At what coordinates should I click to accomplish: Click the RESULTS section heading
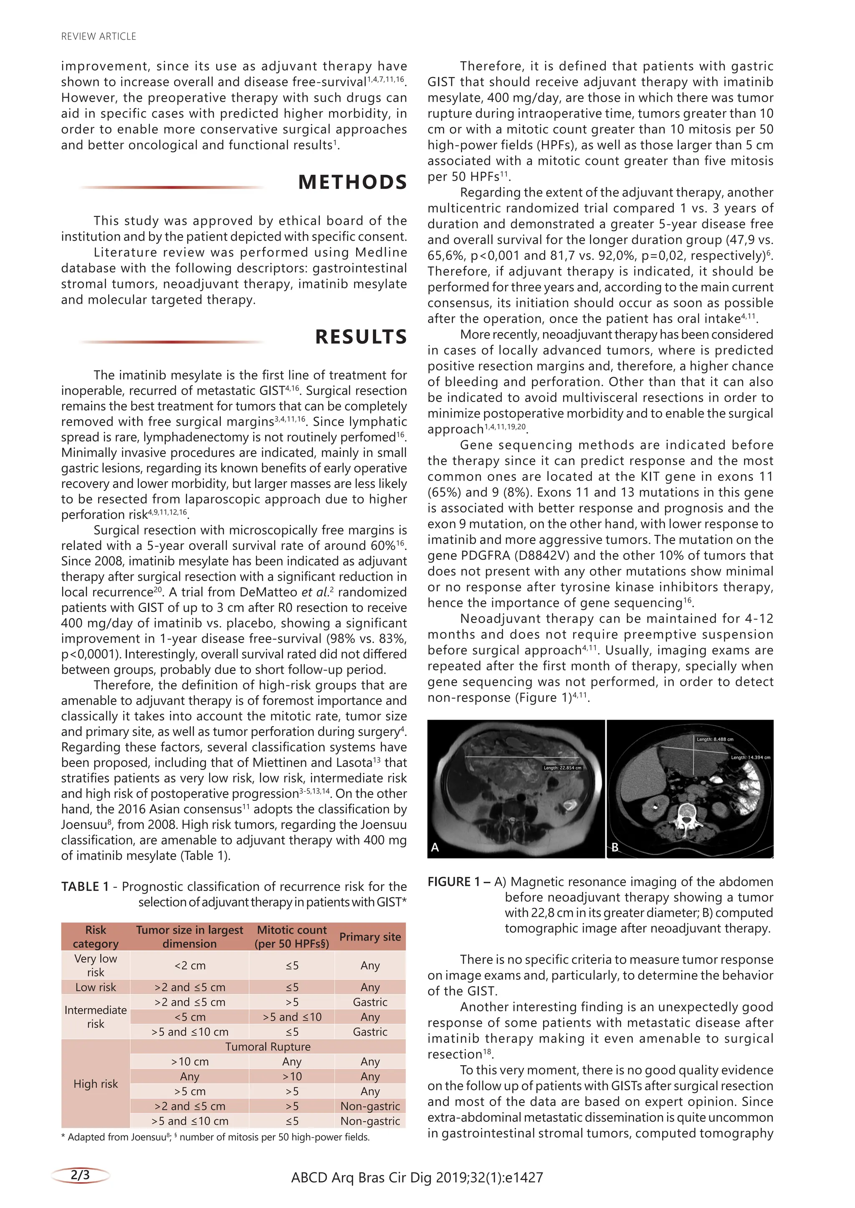pyautogui.click(x=361, y=337)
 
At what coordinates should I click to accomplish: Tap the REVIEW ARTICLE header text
pyautogui.click(x=99, y=36)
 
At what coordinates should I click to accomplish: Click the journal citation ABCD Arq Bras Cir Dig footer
pyautogui.click(x=417, y=1178)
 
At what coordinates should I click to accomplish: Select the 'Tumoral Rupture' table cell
pyautogui.click(x=268, y=1047)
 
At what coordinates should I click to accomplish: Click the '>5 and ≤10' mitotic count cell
pyautogui.click(x=292, y=1017)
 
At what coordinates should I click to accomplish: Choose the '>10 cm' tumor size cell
pyautogui.click(x=190, y=1062)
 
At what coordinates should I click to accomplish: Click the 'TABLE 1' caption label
pyautogui.click(x=85, y=886)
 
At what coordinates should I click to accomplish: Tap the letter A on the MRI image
pyautogui.click(x=435, y=847)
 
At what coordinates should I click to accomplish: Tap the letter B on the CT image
pyautogui.click(x=615, y=847)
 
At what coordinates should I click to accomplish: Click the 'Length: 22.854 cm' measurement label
pyautogui.click(x=562, y=768)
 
